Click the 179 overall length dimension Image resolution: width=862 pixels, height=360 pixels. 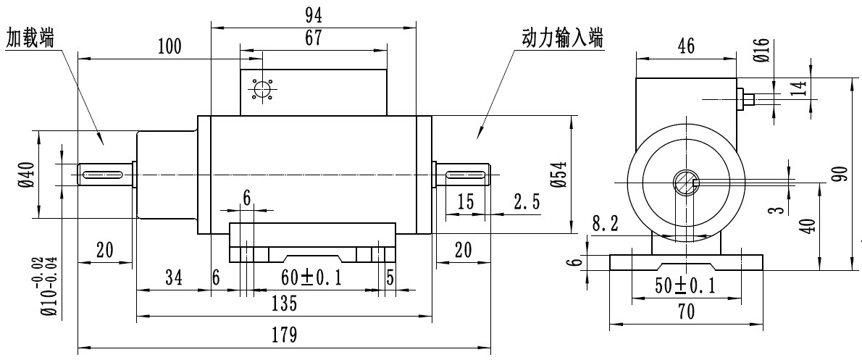[284, 335]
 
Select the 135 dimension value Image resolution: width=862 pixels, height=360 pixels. [284, 304]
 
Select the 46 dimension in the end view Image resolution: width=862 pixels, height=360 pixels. [685, 46]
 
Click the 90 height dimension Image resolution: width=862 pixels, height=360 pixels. [840, 174]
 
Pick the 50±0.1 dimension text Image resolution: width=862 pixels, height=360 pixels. [685, 286]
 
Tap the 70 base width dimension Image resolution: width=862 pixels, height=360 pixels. [685, 312]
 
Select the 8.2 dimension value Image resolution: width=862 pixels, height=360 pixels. [605, 225]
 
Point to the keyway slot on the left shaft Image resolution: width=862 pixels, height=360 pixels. [104, 173]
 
